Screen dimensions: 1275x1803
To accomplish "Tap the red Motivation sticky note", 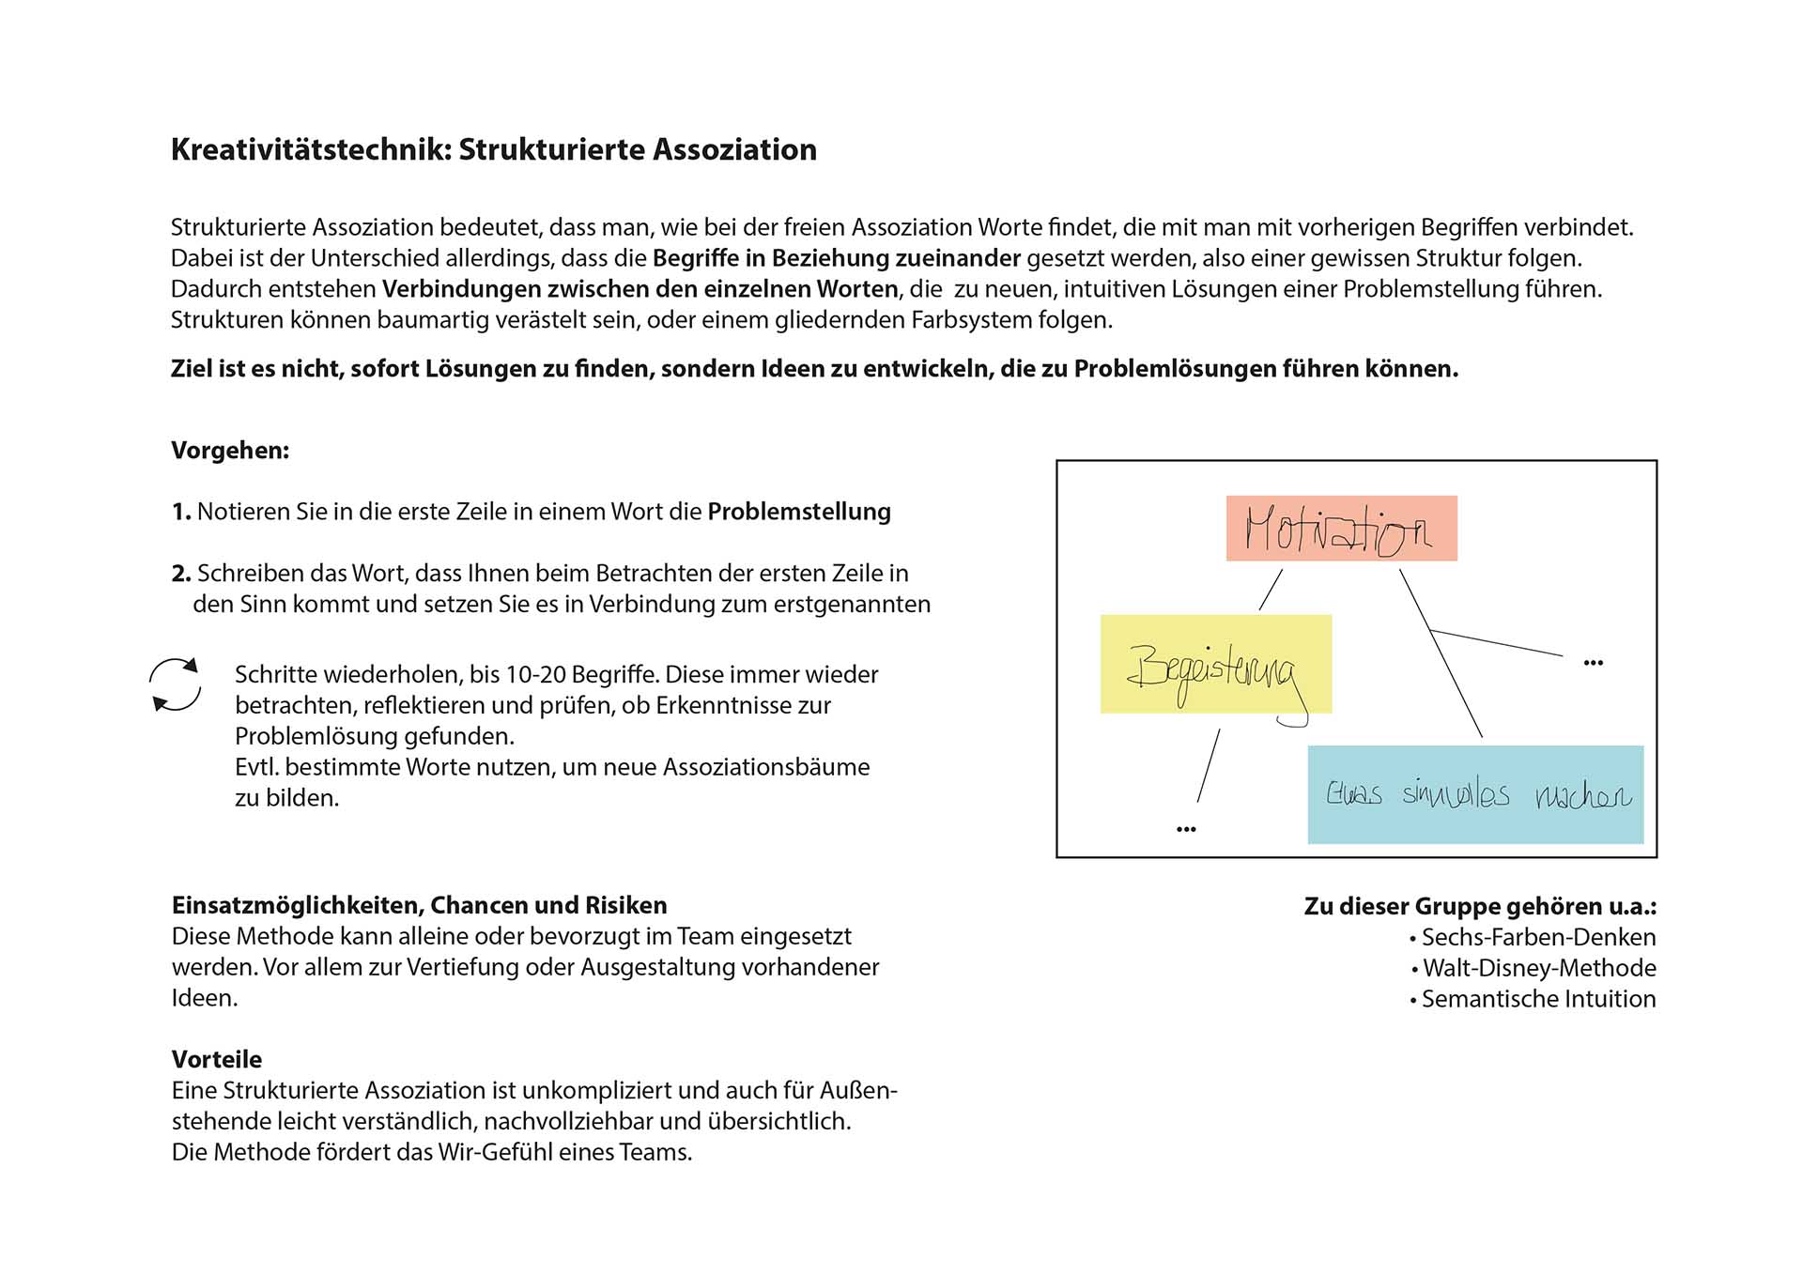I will tap(1341, 529).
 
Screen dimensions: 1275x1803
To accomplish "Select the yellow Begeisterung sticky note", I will tap(1215, 664).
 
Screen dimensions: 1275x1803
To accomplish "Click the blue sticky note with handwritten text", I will tap(1475, 794).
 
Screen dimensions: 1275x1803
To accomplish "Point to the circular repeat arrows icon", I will tap(176, 684).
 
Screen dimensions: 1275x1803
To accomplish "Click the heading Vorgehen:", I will tap(230, 451).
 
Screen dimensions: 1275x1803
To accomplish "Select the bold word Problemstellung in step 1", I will tap(799, 512).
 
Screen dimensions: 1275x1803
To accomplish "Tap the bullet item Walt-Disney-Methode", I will tap(1539, 968).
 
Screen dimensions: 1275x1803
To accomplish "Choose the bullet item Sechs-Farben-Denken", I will tap(1538, 937).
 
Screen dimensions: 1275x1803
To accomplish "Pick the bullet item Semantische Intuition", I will tap(1538, 999).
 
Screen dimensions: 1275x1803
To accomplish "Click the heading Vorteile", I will tap(217, 1059).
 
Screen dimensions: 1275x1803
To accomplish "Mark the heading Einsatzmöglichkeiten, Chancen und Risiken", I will tap(419, 905).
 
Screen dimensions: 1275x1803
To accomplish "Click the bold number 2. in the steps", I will tap(181, 574).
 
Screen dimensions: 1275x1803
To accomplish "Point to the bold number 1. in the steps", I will tap(181, 512).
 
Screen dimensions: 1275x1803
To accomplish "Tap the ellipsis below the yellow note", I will tap(1186, 829).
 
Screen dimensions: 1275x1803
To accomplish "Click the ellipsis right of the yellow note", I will tap(1593, 663).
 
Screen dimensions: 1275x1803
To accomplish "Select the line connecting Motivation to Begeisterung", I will tap(1271, 590).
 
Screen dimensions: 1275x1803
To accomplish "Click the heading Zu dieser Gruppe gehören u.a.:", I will tap(1480, 906).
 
